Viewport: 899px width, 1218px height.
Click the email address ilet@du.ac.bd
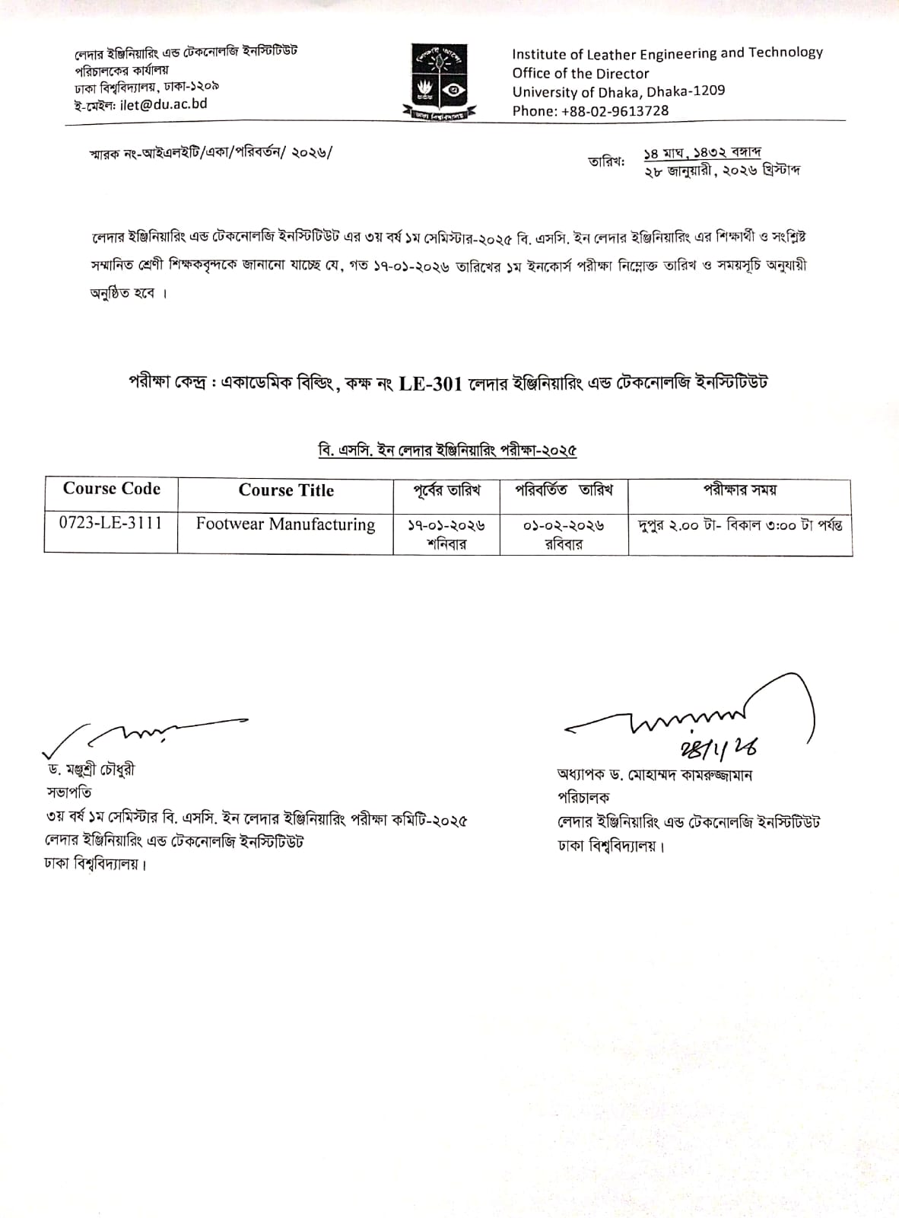click(x=163, y=104)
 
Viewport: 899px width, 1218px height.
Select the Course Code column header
click(x=111, y=489)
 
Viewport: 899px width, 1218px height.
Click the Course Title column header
click(x=286, y=490)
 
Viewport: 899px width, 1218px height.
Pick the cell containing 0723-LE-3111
click(x=111, y=523)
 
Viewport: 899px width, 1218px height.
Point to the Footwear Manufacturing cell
click(x=285, y=525)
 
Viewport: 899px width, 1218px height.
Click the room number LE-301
click(x=430, y=384)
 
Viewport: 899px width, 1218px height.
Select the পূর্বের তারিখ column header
click(x=446, y=490)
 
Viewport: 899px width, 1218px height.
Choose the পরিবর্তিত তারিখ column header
click(x=564, y=489)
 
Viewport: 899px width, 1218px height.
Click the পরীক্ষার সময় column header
click(x=739, y=489)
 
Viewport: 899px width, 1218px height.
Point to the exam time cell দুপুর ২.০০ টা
click(x=740, y=525)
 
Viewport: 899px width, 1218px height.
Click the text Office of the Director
click(x=580, y=74)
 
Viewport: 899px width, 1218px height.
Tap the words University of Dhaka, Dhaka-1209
click(x=618, y=91)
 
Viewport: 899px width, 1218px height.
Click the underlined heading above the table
click(x=447, y=450)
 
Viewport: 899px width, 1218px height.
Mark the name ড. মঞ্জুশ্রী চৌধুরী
click(x=91, y=770)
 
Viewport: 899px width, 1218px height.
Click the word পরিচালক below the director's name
click(x=583, y=797)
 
